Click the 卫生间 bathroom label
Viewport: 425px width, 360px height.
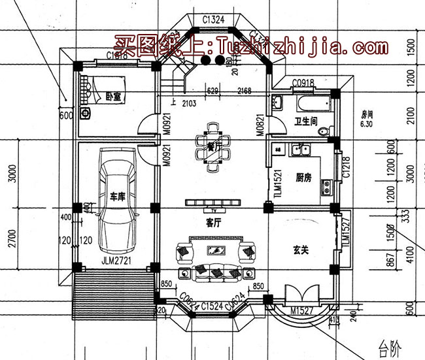[305, 121]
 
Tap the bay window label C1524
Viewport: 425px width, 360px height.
[213, 305]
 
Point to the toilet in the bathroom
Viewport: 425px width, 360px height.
[322, 132]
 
